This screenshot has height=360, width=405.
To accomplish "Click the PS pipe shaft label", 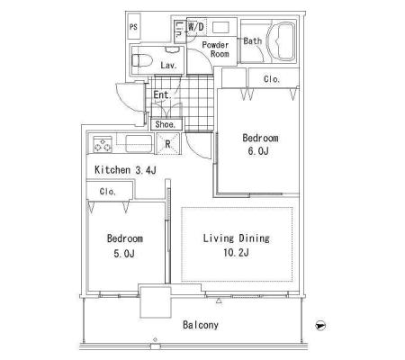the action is tap(133, 27).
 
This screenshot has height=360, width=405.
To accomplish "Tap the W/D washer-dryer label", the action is tap(196, 27).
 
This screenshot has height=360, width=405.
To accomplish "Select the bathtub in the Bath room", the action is tap(281, 41).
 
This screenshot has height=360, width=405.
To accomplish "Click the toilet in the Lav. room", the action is tap(142, 61).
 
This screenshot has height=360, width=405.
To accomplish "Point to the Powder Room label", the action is tap(216, 49).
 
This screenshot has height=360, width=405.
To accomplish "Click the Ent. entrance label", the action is tap(162, 95).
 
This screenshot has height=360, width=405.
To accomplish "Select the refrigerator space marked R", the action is tap(168, 144).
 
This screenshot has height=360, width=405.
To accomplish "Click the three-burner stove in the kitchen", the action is tap(103, 144).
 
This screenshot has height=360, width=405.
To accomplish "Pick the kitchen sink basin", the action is tap(139, 144).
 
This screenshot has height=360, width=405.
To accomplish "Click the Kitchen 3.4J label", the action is tap(125, 170).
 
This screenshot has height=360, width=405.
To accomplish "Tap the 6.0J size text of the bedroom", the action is tap(258, 151).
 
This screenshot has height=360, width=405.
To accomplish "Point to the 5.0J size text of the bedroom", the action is tap(124, 254).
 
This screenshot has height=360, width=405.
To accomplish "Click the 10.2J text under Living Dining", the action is tap(236, 253).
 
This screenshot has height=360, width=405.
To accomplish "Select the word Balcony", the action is tap(201, 325).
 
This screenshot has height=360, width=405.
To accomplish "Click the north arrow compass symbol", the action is tap(320, 326).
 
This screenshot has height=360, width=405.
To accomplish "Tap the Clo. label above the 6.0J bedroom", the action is tap(272, 79).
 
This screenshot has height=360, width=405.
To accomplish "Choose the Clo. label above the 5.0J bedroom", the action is tap(108, 192).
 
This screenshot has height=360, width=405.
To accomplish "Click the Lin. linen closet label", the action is tap(179, 30).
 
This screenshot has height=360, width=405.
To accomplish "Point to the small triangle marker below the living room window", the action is tap(219, 301).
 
